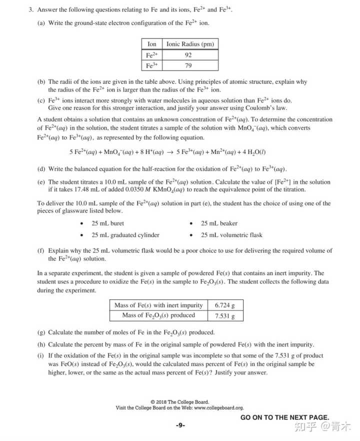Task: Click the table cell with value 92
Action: click(188, 55)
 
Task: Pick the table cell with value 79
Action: click(188, 65)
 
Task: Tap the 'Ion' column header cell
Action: click(152, 44)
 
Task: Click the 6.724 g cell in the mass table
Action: click(224, 305)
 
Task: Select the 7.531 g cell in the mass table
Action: click(224, 315)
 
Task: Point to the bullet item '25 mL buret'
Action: click(107, 223)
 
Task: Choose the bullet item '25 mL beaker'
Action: click(219, 223)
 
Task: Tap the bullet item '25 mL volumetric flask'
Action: click(231, 235)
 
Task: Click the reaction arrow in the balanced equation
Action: click(170, 152)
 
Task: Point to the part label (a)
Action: click(41, 23)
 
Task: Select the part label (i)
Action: click(41, 355)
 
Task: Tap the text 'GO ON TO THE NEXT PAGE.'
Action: click(284, 417)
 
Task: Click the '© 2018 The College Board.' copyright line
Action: click(179, 402)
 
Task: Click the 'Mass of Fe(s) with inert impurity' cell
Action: click(158, 305)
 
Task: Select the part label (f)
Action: click(41, 251)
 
